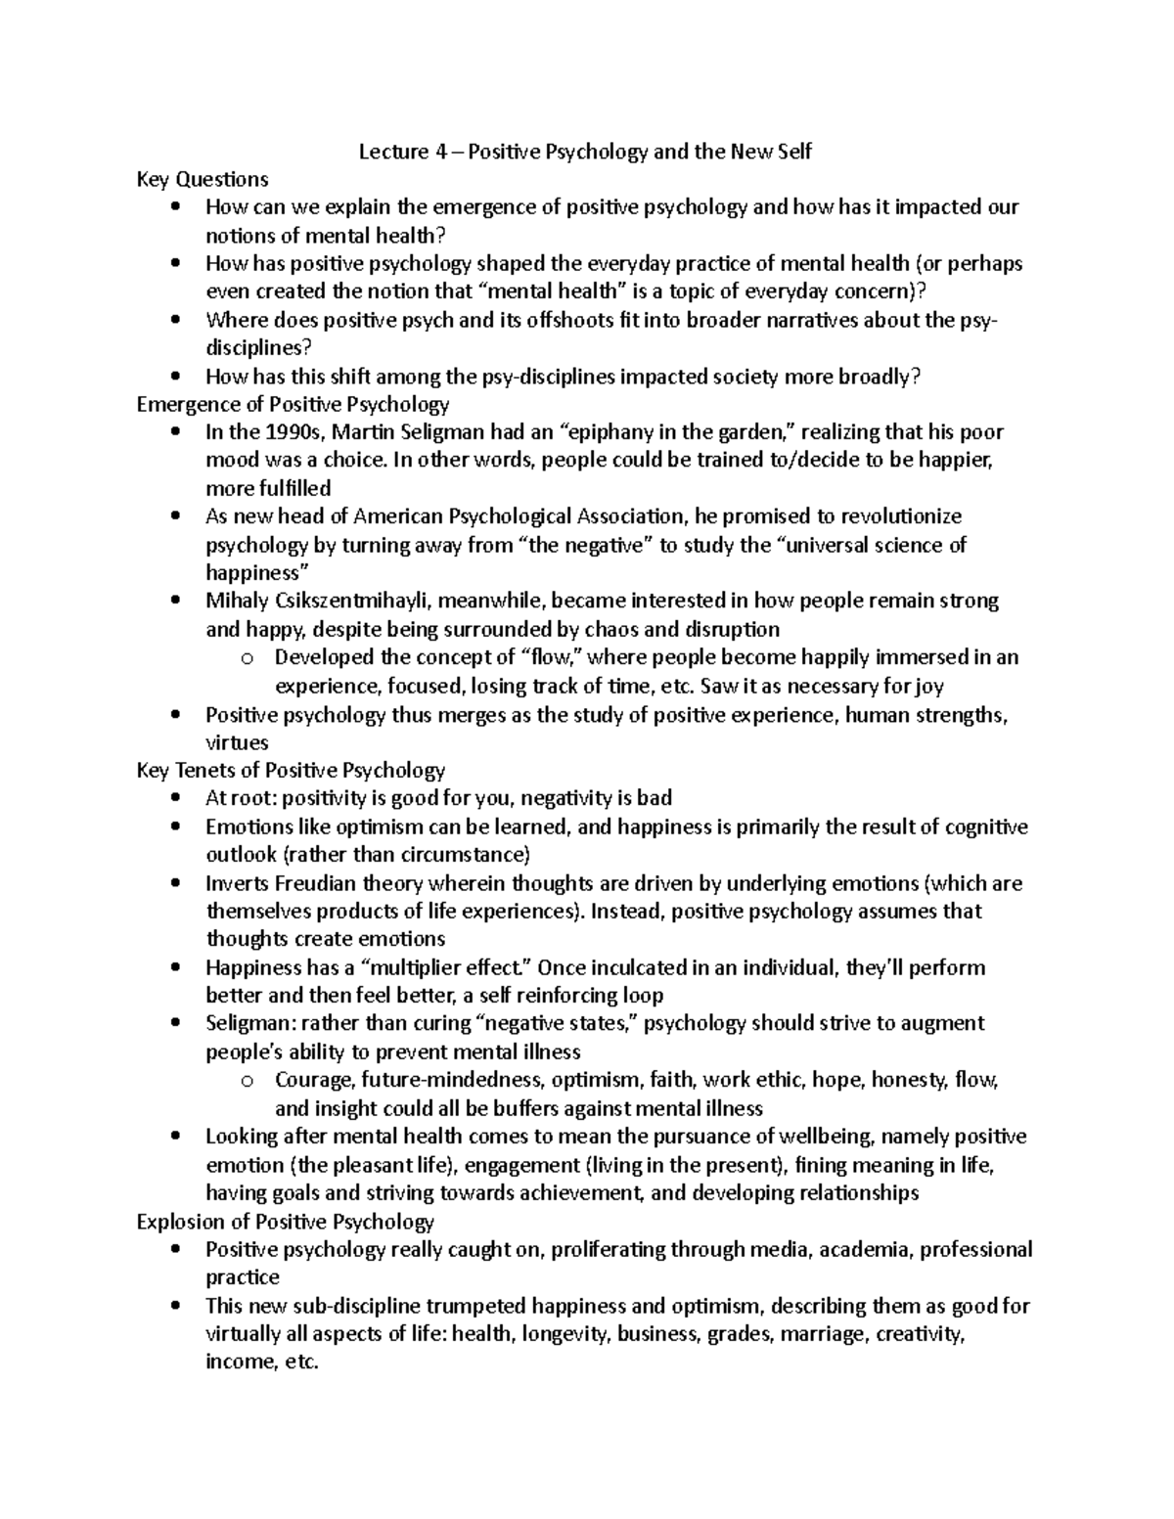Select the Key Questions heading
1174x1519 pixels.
point(203,179)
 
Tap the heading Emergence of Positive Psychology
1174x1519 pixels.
point(293,404)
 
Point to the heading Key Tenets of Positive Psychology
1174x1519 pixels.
point(292,770)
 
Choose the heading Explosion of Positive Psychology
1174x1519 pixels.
point(286,1222)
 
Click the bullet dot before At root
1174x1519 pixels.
point(175,798)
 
